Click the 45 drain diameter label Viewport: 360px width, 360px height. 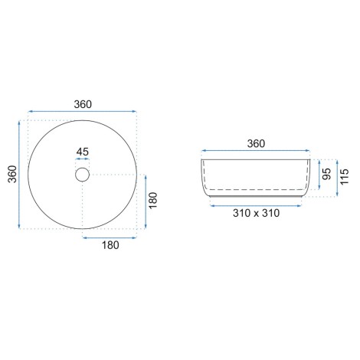tap(83, 152)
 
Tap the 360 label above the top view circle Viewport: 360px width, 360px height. tap(83, 104)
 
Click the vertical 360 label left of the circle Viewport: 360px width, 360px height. tap(12, 174)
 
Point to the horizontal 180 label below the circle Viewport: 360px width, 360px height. tap(110, 245)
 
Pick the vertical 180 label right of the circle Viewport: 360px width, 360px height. tap(153, 201)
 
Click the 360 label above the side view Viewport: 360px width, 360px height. tap(256, 143)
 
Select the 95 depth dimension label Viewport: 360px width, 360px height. tap(326, 174)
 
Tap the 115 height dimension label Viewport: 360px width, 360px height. tap(344, 176)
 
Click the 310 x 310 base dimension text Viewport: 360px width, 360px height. tap(256, 213)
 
